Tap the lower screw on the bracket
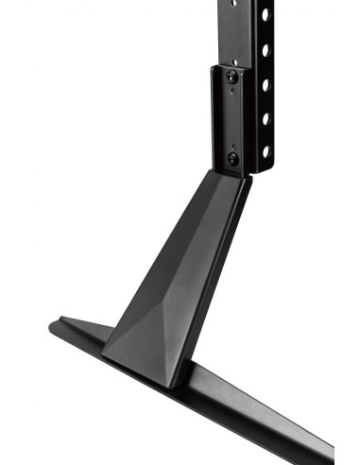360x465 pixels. pyautogui.click(x=231, y=160)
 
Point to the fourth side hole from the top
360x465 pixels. pyautogui.click(x=266, y=118)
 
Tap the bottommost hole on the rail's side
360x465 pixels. pyautogui.click(x=266, y=151)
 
